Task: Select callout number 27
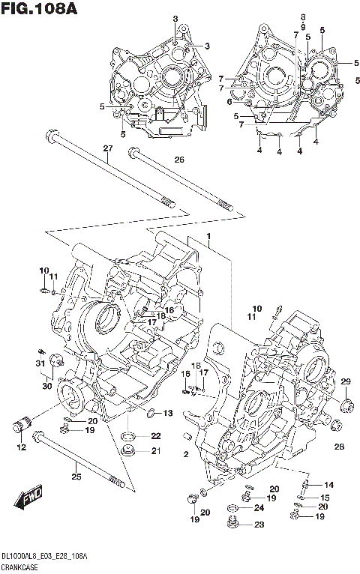click(x=107, y=149)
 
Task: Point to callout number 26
click(x=179, y=160)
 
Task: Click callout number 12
click(x=21, y=447)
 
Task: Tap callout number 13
click(x=168, y=413)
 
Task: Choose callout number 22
click(x=155, y=436)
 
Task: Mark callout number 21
click(x=155, y=450)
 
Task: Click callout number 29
click(x=346, y=382)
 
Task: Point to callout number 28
click(x=339, y=447)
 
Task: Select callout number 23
click(x=260, y=525)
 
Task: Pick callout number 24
click(x=260, y=509)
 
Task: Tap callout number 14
click(x=328, y=485)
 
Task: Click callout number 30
click(x=46, y=387)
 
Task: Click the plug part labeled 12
click(x=19, y=428)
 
